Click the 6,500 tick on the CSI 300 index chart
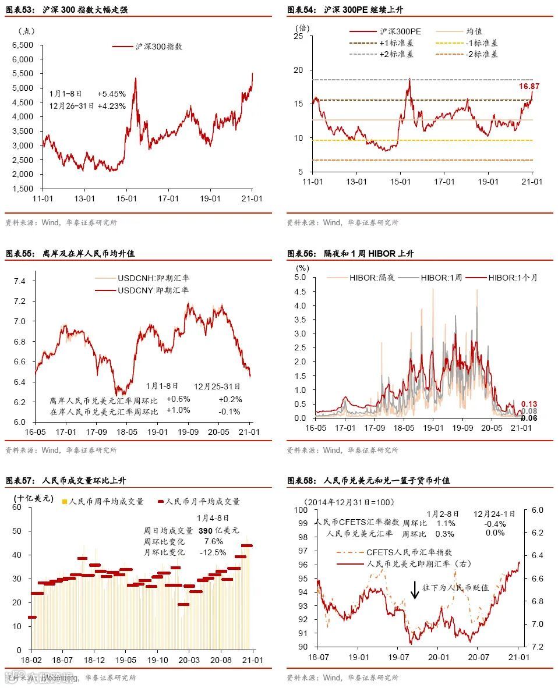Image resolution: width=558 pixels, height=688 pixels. click(x=23, y=45)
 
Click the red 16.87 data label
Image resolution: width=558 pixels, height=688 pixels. click(x=529, y=86)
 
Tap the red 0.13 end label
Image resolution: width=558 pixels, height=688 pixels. click(x=529, y=404)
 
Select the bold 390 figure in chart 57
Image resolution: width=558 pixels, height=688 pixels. click(x=205, y=530)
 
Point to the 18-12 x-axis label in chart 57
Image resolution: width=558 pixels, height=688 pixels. click(x=94, y=660)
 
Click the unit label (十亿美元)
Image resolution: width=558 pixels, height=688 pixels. click(x=33, y=499)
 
